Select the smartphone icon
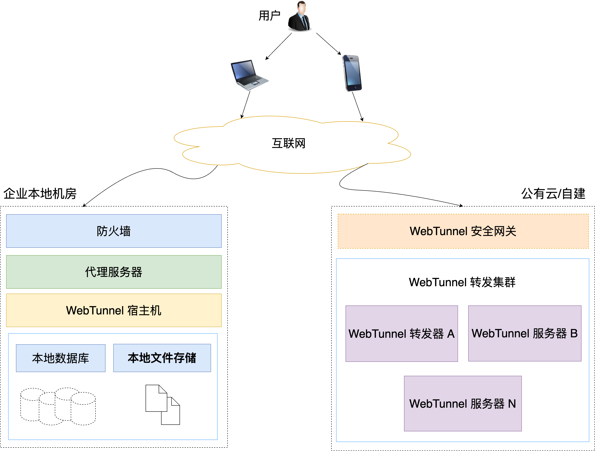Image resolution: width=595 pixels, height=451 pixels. [352, 73]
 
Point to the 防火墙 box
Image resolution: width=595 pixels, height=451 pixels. [114, 231]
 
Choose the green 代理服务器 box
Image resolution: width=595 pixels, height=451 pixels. [114, 272]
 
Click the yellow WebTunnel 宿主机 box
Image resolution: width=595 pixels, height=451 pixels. [114, 310]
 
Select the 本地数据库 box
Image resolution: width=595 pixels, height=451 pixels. [61, 358]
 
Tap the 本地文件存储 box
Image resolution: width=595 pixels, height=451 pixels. [162, 358]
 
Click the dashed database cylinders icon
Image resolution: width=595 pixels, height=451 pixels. [58, 406]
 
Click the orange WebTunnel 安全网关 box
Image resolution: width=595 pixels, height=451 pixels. [463, 231]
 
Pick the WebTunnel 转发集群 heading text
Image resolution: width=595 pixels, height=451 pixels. [462, 282]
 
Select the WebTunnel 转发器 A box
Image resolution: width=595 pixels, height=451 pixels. [402, 333]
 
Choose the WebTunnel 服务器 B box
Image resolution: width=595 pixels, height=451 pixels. [524, 333]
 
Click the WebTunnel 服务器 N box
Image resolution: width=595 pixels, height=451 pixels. [463, 404]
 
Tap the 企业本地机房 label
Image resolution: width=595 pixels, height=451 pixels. [40, 194]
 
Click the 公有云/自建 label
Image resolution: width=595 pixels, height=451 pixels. [553, 194]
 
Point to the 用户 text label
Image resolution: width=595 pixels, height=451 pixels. [269, 16]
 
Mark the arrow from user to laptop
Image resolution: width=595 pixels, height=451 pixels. [279, 46]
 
